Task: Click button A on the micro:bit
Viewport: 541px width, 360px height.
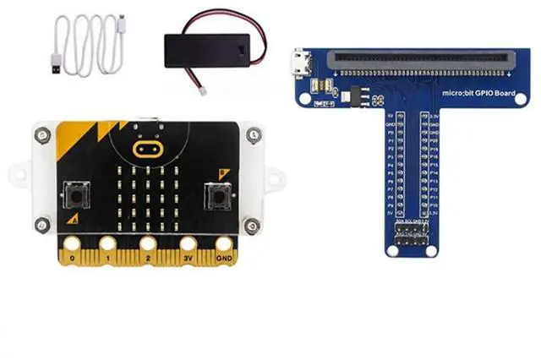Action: point(79,196)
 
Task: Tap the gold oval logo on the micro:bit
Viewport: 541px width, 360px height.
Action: point(147,149)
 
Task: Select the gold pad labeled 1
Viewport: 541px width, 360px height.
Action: point(109,246)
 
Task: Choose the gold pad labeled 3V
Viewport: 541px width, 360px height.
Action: point(189,246)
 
